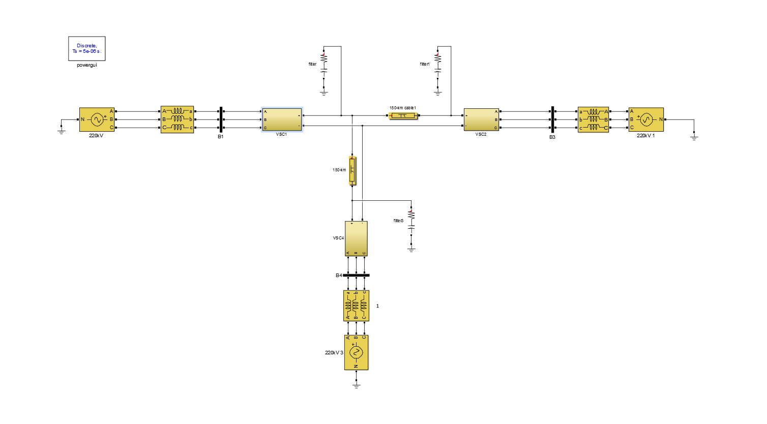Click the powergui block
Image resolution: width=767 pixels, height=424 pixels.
pyautogui.click(x=87, y=49)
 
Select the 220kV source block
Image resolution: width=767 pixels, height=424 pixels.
pyautogui.click(x=97, y=119)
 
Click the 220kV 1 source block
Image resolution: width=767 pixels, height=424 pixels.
pyautogui.click(x=646, y=119)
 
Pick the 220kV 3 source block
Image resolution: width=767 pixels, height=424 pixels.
pyautogui.click(x=356, y=352)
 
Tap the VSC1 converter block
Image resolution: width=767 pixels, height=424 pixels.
pyautogui.click(x=282, y=119)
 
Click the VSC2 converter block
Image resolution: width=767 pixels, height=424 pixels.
pyautogui.click(x=481, y=119)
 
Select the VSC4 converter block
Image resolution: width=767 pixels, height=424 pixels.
pyautogui.click(x=356, y=238)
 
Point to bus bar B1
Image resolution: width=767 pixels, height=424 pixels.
pyautogui.click(x=221, y=119)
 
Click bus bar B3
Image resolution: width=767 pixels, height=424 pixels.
pyautogui.click(x=552, y=119)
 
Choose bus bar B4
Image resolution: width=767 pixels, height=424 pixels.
pyautogui.click(x=356, y=276)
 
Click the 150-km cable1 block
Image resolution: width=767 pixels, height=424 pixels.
pyautogui.click(x=403, y=116)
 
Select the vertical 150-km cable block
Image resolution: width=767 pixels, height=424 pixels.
pyautogui.click(x=352, y=170)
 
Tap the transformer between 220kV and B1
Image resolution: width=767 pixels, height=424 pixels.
pyautogui.click(x=177, y=119)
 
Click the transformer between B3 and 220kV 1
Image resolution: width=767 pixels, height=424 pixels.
pyautogui.click(x=593, y=119)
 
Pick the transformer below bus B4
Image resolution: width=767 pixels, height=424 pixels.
pyautogui.click(x=356, y=306)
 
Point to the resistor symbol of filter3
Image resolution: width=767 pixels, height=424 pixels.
pyautogui.click(x=411, y=214)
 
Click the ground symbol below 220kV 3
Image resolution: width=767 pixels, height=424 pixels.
pyautogui.click(x=356, y=386)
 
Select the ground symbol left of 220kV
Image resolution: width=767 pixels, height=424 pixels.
pyautogui.click(x=62, y=131)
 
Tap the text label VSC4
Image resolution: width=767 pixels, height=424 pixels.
pyautogui.click(x=338, y=238)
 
